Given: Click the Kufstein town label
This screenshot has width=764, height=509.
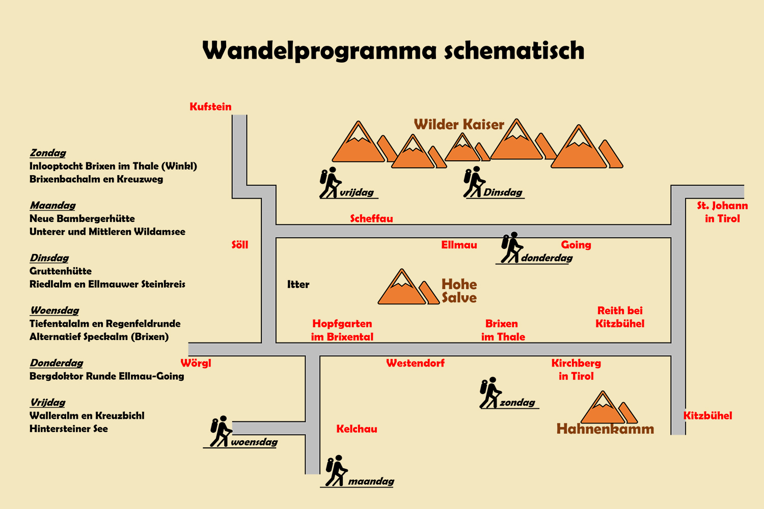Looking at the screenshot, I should click(x=210, y=106).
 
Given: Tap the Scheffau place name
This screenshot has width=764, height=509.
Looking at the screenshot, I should click(x=371, y=218).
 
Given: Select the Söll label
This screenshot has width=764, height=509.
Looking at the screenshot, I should click(x=240, y=245).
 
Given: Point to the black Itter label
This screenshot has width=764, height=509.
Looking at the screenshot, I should click(x=298, y=285).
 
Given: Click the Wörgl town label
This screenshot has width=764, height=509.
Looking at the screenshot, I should click(x=196, y=363).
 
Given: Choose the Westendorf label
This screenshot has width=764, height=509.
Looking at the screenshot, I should click(x=415, y=363).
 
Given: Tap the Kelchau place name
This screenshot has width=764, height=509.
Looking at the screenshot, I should click(x=357, y=429).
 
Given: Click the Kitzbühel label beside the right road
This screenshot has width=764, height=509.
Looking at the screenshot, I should click(x=707, y=415).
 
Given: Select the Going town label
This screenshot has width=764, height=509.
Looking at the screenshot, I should click(x=576, y=245).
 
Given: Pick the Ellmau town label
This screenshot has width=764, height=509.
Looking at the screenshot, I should click(x=459, y=245).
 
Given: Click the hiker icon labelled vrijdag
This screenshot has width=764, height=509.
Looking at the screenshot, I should click(x=330, y=183).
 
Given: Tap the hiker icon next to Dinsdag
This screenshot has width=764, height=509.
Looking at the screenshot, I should click(x=474, y=182).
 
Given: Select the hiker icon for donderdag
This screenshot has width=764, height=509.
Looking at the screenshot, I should click(x=511, y=248).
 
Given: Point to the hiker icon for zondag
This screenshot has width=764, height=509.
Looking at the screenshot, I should click(x=490, y=393).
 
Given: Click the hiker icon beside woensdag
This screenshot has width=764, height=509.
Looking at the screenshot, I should click(x=221, y=432).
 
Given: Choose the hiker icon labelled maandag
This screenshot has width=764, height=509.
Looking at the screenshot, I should click(x=336, y=471).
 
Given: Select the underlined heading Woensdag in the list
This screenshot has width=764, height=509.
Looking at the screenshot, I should click(x=54, y=310).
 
